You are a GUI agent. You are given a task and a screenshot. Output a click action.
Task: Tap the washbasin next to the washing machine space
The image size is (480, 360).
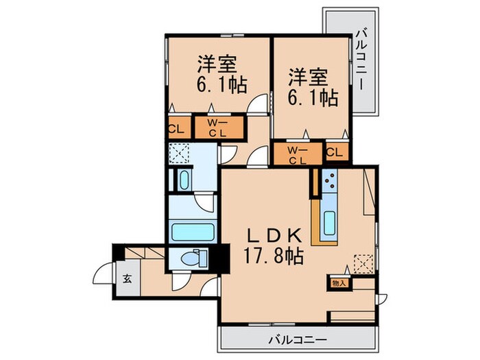(184, 181)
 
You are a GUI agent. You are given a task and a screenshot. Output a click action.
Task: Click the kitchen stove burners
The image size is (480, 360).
(328, 182)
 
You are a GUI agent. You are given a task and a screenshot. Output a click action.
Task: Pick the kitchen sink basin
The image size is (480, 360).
(328, 221)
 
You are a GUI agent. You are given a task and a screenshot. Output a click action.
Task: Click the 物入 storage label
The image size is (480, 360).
(339, 282)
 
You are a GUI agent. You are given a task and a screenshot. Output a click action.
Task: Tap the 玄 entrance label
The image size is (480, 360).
(128, 279)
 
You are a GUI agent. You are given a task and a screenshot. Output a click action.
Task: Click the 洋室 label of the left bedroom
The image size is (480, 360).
(217, 64)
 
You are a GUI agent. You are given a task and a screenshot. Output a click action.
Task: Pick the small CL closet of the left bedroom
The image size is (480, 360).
(176, 128)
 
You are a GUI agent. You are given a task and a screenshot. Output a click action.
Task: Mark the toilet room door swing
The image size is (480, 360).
(180, 280)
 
